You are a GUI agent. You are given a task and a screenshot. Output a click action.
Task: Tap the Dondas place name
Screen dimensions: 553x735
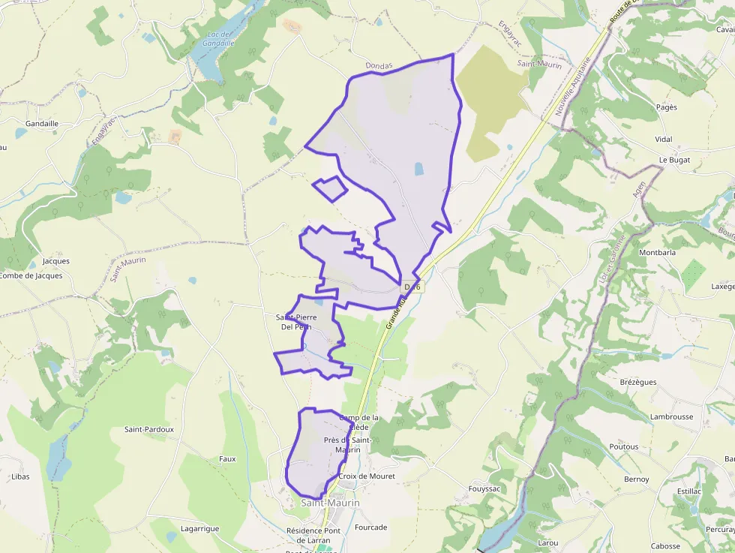(379, 66)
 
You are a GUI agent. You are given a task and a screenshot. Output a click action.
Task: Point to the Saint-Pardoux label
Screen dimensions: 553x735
(149, 429)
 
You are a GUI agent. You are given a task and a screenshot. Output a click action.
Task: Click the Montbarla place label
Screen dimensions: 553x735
(657, 253)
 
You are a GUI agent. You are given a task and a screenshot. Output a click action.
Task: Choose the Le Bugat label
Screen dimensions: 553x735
(674, 160)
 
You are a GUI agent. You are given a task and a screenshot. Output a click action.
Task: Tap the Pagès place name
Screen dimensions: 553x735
(666, 107)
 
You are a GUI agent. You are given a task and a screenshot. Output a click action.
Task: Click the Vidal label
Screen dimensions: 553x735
(664, 140)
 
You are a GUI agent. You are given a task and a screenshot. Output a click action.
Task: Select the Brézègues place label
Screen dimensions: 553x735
(638, 382)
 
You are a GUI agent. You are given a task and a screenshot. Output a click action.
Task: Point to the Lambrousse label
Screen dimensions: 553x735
(672, 416)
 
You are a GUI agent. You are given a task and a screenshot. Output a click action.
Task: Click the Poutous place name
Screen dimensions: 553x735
(624, 446)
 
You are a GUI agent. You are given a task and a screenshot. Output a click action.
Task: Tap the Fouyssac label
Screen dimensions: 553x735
(484, 488)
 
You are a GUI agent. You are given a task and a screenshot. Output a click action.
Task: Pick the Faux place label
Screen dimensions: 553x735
(227, 458)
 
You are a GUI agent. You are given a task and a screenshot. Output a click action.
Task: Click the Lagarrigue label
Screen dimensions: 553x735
(200, 528)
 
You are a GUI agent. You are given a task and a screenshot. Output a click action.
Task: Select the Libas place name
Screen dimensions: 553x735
(21, 476)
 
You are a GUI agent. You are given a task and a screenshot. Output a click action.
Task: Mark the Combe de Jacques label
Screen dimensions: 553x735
(31, 275)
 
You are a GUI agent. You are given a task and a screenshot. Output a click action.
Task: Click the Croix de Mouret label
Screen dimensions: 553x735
(367, 476)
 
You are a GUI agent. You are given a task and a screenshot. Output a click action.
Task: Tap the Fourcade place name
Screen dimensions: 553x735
(371, 527)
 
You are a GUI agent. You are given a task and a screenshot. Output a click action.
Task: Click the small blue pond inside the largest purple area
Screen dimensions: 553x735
(419, 170)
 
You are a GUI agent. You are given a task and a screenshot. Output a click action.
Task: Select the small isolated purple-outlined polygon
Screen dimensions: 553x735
(330, 188)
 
